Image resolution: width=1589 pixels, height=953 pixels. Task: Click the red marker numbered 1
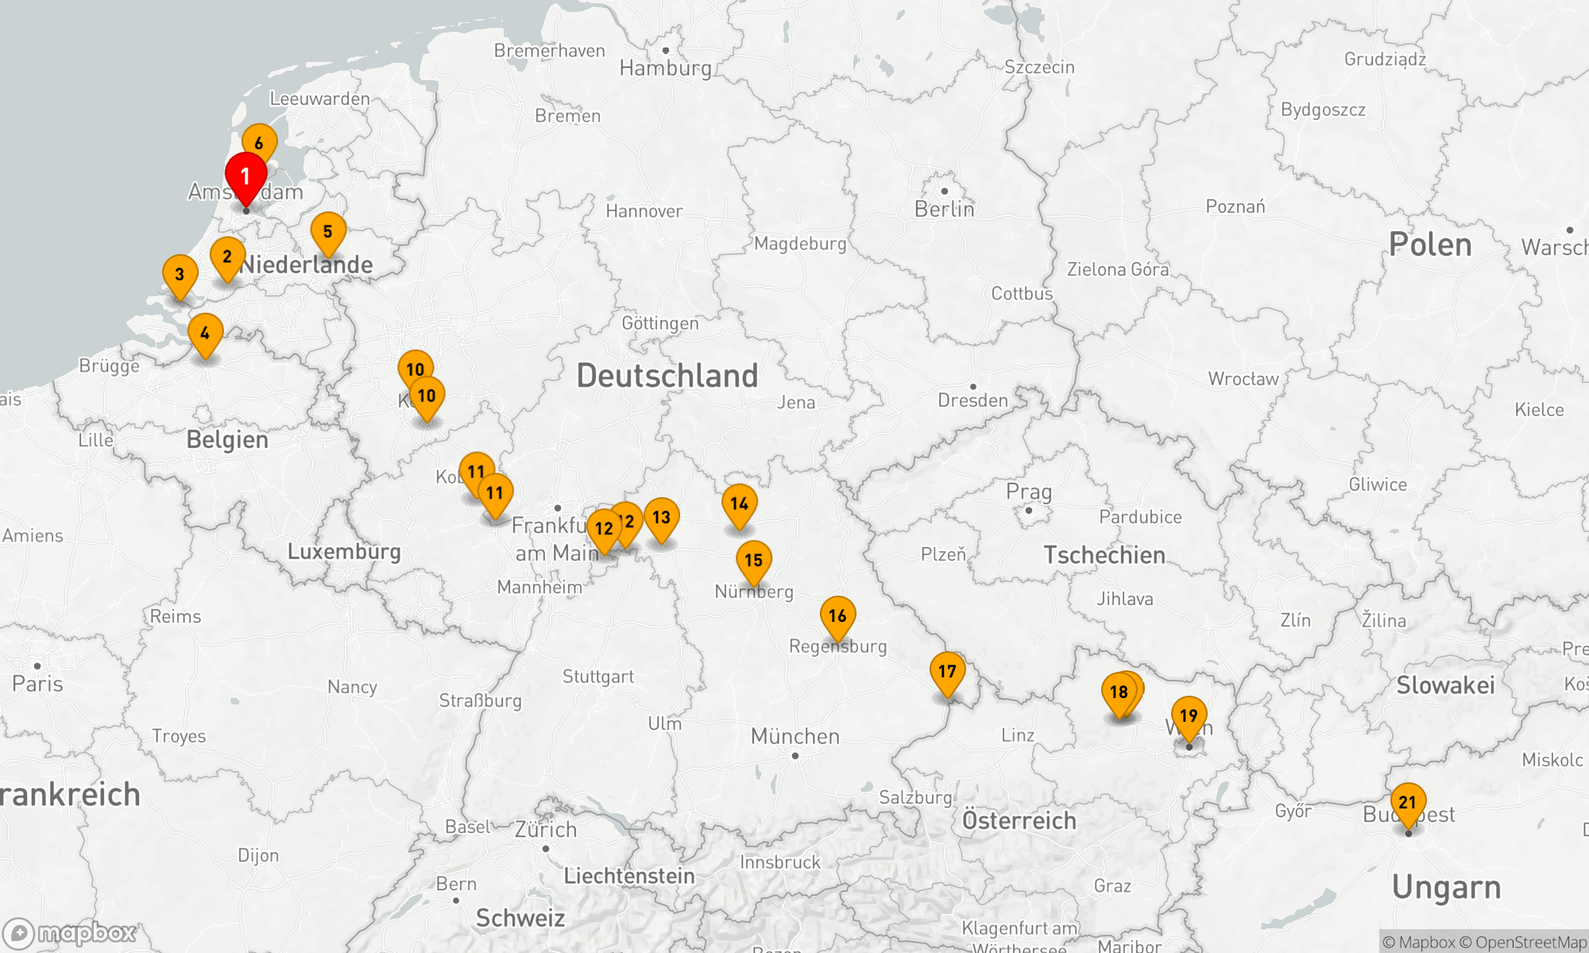coord(246,177)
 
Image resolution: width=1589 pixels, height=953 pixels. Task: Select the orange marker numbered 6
coord(259,143)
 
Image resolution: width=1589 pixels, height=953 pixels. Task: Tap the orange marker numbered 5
coord(327,232)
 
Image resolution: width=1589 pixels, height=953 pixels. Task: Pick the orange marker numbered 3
coord(180,275)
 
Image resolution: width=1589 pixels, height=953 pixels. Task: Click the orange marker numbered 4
coord(205,334)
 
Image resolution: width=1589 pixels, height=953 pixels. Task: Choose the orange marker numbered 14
coord(739,504)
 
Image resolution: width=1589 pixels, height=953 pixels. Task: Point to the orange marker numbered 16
coord(837,616)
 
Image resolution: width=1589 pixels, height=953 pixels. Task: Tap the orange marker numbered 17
coord(947,672)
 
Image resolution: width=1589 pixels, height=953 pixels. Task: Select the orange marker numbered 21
coord(1408,803)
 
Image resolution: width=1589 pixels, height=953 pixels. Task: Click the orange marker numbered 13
coord(661,518)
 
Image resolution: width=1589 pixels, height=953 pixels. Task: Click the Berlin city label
coord(944,209)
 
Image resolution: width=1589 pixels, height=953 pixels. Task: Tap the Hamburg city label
coord(665,68)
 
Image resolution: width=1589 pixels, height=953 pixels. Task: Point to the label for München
coord(794,736)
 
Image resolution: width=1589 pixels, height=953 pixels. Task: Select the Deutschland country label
coord(667,376)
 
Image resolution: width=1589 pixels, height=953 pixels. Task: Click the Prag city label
coord(1028,492)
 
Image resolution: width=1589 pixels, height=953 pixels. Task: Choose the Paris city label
coord(37,684)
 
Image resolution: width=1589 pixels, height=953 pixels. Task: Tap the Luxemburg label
coord(343,551)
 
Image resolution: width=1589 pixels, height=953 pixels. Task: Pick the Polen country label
coord(1429,245)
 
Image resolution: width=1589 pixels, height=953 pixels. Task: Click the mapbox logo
coord(70,933)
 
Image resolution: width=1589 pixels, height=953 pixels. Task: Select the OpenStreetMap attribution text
coord(1530,943)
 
